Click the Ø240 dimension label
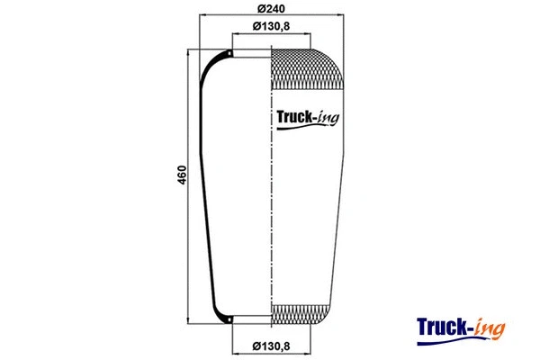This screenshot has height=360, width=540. (272, 8)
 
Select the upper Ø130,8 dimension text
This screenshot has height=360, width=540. (272, 25)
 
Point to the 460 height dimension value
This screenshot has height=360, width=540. (181, 174)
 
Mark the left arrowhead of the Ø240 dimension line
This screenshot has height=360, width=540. (202, 16)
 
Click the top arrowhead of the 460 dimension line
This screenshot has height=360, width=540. (188, 52)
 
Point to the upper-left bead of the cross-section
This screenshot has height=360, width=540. (229, 56)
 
